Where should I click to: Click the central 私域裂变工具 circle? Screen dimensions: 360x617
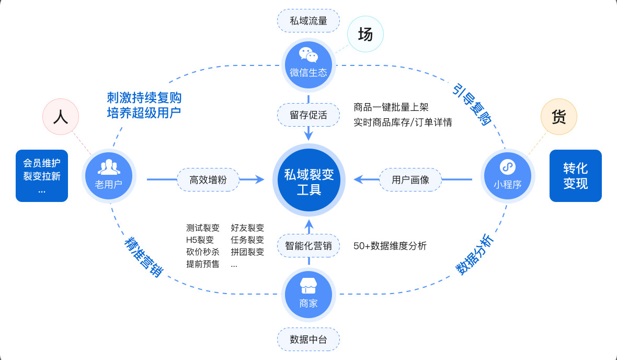[x=308, y=180]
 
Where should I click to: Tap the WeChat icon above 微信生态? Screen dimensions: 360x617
[x=308, y=54]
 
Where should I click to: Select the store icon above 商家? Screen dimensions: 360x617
[x=308, y=286]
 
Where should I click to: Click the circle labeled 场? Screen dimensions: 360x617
[x=365, y=34]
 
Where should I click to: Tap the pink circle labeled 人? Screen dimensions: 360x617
[x=61, y=117]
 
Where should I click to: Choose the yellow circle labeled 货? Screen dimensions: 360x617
[x=558, y=117]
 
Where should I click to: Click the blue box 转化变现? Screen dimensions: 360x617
[x=576, y=176]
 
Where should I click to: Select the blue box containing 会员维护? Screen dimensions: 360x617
[x=42, y=176]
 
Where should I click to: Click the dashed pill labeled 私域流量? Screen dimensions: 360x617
[x=308, y=21]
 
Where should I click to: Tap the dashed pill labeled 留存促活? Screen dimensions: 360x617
[x=308, y=115]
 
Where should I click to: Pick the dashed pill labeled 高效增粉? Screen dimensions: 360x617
[x=208, y=179]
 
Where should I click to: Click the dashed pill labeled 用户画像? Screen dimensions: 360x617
[x=410, y=179]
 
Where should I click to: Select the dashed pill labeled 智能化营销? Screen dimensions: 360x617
[x=308, y=245]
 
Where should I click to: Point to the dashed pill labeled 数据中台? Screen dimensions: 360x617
[x=308, y=339]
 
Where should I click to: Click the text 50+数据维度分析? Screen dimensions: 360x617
[x=390, y=246]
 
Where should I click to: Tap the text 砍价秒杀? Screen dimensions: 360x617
[x=203, y=252]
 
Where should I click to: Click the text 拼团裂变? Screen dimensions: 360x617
[x=247, y=252]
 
